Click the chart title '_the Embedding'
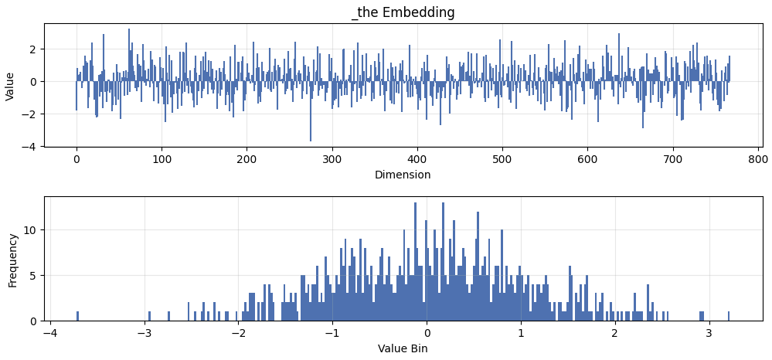tap(403, 12)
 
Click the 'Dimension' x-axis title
tap(403, 175)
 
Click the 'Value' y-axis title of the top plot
tap(10, 86)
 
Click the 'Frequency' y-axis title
tap(12, 260)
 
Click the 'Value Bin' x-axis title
tap(403, 348)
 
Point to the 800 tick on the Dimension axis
tap(757, 159)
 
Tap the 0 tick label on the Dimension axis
tap(77, 159)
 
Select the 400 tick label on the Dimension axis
tap(417, 159)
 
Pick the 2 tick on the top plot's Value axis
tap(33, 49)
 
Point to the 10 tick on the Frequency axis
tap(28, 230)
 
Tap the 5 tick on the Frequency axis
tap(32, 275)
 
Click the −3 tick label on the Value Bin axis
tap(144, 334)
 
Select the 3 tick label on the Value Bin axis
tap(709, 334)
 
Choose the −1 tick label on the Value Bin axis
tap(332, 334)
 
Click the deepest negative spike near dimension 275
tap(311, 138)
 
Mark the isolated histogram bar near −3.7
tap(77, 316)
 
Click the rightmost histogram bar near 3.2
tap(728, 316)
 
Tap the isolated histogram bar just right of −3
tap(149, 316)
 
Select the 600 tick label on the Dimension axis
tap(587, 159)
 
